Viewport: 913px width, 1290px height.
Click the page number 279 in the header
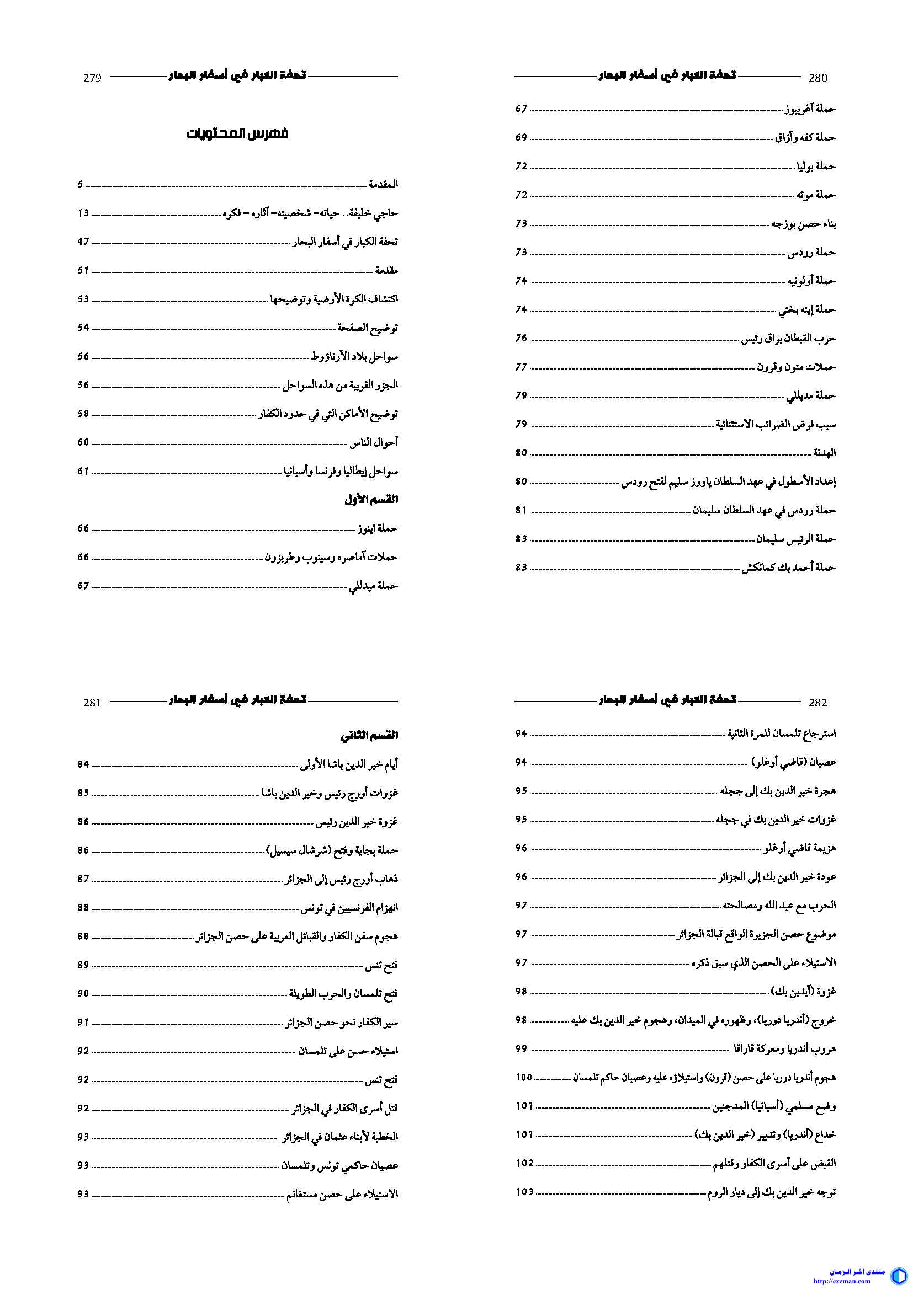click(92, 78)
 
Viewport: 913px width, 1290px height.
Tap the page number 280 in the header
click(818, 78)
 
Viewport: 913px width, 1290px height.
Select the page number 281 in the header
click(92, 702)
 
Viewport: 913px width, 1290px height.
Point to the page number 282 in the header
click(818, 702)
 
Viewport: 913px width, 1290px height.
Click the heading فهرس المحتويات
click(237, 133)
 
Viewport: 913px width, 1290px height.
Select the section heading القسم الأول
click(371, 499)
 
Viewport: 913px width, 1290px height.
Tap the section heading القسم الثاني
click(369, 735)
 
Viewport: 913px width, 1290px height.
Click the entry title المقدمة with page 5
click(384, 184)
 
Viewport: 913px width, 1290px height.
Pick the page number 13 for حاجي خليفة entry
click(83, 213)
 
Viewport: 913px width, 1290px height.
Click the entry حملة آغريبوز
click(810, 109)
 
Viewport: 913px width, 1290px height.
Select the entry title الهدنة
click(825, 452)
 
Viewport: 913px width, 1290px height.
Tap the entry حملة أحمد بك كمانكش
click(788, 568)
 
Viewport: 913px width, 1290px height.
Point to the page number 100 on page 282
click(523, 1077)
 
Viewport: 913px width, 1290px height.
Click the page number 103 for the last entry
click(524, 1192)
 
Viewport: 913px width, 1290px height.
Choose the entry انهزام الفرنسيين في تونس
click(349, 907)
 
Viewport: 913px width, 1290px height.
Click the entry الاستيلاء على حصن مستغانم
click(342, 1194)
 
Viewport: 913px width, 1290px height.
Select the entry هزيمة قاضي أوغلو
click(799, 848)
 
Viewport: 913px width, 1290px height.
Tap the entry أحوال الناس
click(374, 442)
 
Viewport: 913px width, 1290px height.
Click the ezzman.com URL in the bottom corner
click(850, 1281)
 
